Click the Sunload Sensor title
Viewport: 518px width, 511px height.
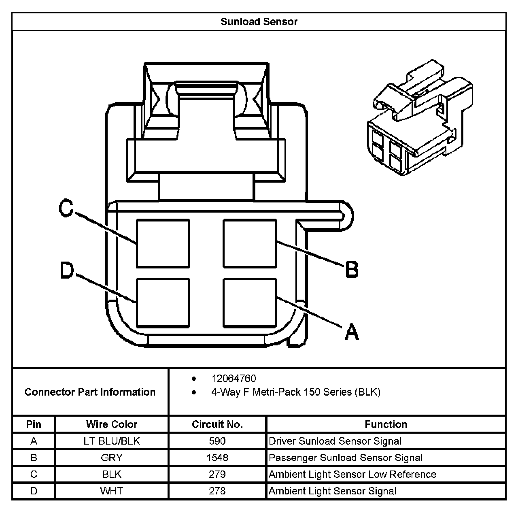pos(259,22)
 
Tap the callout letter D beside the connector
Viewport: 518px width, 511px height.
pos(67,270)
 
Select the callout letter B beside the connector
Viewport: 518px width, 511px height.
pos(352,269)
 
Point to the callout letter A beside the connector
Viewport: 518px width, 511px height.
pos(352,332)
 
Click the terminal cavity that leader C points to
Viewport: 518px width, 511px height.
pos(163,243)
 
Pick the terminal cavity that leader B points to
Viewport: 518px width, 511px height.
pos(250,243)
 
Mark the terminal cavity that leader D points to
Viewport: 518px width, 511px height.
pos(163,302)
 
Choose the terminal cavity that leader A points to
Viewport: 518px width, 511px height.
pos(250,302)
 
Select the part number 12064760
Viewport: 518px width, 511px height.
pos(234,379)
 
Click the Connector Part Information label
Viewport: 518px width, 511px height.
pos(90,392)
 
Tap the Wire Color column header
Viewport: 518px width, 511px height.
pos(112,424)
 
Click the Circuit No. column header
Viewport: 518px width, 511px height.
pos(217,424)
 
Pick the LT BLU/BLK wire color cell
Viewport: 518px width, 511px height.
pos(112,441)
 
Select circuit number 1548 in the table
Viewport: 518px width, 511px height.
pos(217,458)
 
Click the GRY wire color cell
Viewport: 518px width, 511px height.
pos(112,458)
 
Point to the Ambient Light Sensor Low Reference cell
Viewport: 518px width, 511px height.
pos(352,474)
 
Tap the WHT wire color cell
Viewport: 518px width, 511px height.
pos(112,491)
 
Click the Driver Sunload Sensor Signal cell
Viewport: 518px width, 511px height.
pos(335,441)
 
